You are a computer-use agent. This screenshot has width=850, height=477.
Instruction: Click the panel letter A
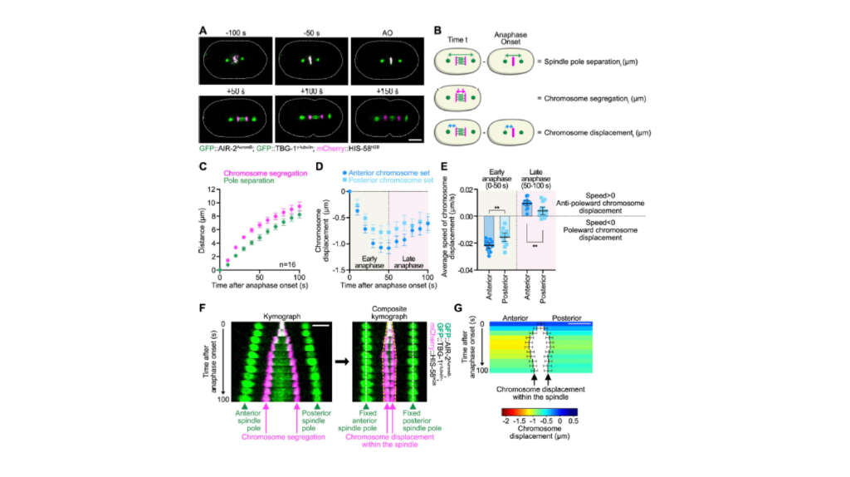tap(203, 30)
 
